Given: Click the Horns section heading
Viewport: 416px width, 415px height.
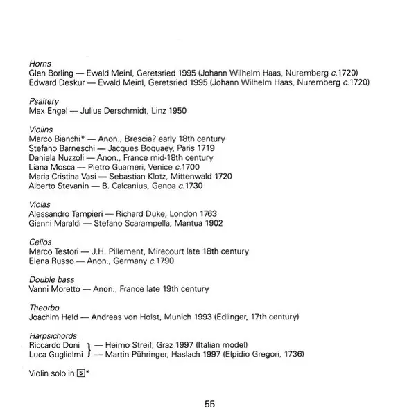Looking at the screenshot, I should (x=40, y=63).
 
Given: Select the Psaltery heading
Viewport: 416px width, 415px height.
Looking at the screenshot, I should (x=44, y=100).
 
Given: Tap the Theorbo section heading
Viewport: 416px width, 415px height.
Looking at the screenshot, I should (x=44, y=307).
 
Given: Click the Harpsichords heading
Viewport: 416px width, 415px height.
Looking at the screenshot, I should (x=54, y=335).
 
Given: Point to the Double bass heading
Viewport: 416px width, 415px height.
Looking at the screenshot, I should (x=51, y=279).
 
